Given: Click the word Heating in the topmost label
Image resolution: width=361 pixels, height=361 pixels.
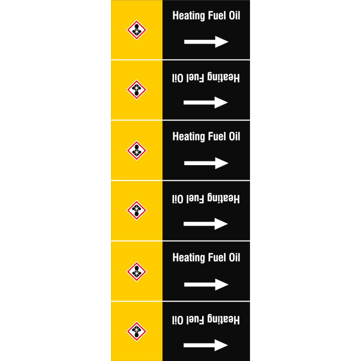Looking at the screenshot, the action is pos(189,16).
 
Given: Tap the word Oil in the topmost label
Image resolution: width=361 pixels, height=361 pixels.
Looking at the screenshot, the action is pos(234,15).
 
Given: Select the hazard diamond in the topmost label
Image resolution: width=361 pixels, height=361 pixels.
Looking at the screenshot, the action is pos(137,30).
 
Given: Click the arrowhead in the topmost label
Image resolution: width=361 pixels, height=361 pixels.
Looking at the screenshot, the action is pos(222,42).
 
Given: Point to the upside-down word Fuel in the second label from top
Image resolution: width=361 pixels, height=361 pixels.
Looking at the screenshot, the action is pos(195,78).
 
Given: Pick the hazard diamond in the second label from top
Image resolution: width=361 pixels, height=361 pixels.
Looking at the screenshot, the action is pos(137,89).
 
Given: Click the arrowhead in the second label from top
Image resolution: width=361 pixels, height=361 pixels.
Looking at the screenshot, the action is pos(221,102).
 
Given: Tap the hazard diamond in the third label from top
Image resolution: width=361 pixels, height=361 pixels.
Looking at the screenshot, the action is pos(137,150).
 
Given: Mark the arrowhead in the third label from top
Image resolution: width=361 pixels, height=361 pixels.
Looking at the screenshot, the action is pos(222,163).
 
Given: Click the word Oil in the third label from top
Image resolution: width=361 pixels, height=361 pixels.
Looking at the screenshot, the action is pos(234,137).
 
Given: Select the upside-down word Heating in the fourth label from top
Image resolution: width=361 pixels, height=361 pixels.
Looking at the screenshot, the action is pos(223,198).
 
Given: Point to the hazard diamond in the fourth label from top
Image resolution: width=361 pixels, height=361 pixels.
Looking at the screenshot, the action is pos(137,210).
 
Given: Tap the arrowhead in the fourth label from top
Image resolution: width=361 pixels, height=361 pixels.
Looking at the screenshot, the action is pos(221,224).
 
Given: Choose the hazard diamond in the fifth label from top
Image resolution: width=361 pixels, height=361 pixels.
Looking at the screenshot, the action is pos(137,272).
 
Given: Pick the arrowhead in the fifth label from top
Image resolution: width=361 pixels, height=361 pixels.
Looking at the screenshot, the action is pos(222,285).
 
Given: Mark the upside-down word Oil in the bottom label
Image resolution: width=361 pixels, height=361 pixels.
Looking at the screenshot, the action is pos(178,320).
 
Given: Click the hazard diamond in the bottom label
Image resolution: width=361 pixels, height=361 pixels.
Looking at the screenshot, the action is pos(137,331).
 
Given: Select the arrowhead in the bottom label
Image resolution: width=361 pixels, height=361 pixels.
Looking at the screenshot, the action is pos(221,345).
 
